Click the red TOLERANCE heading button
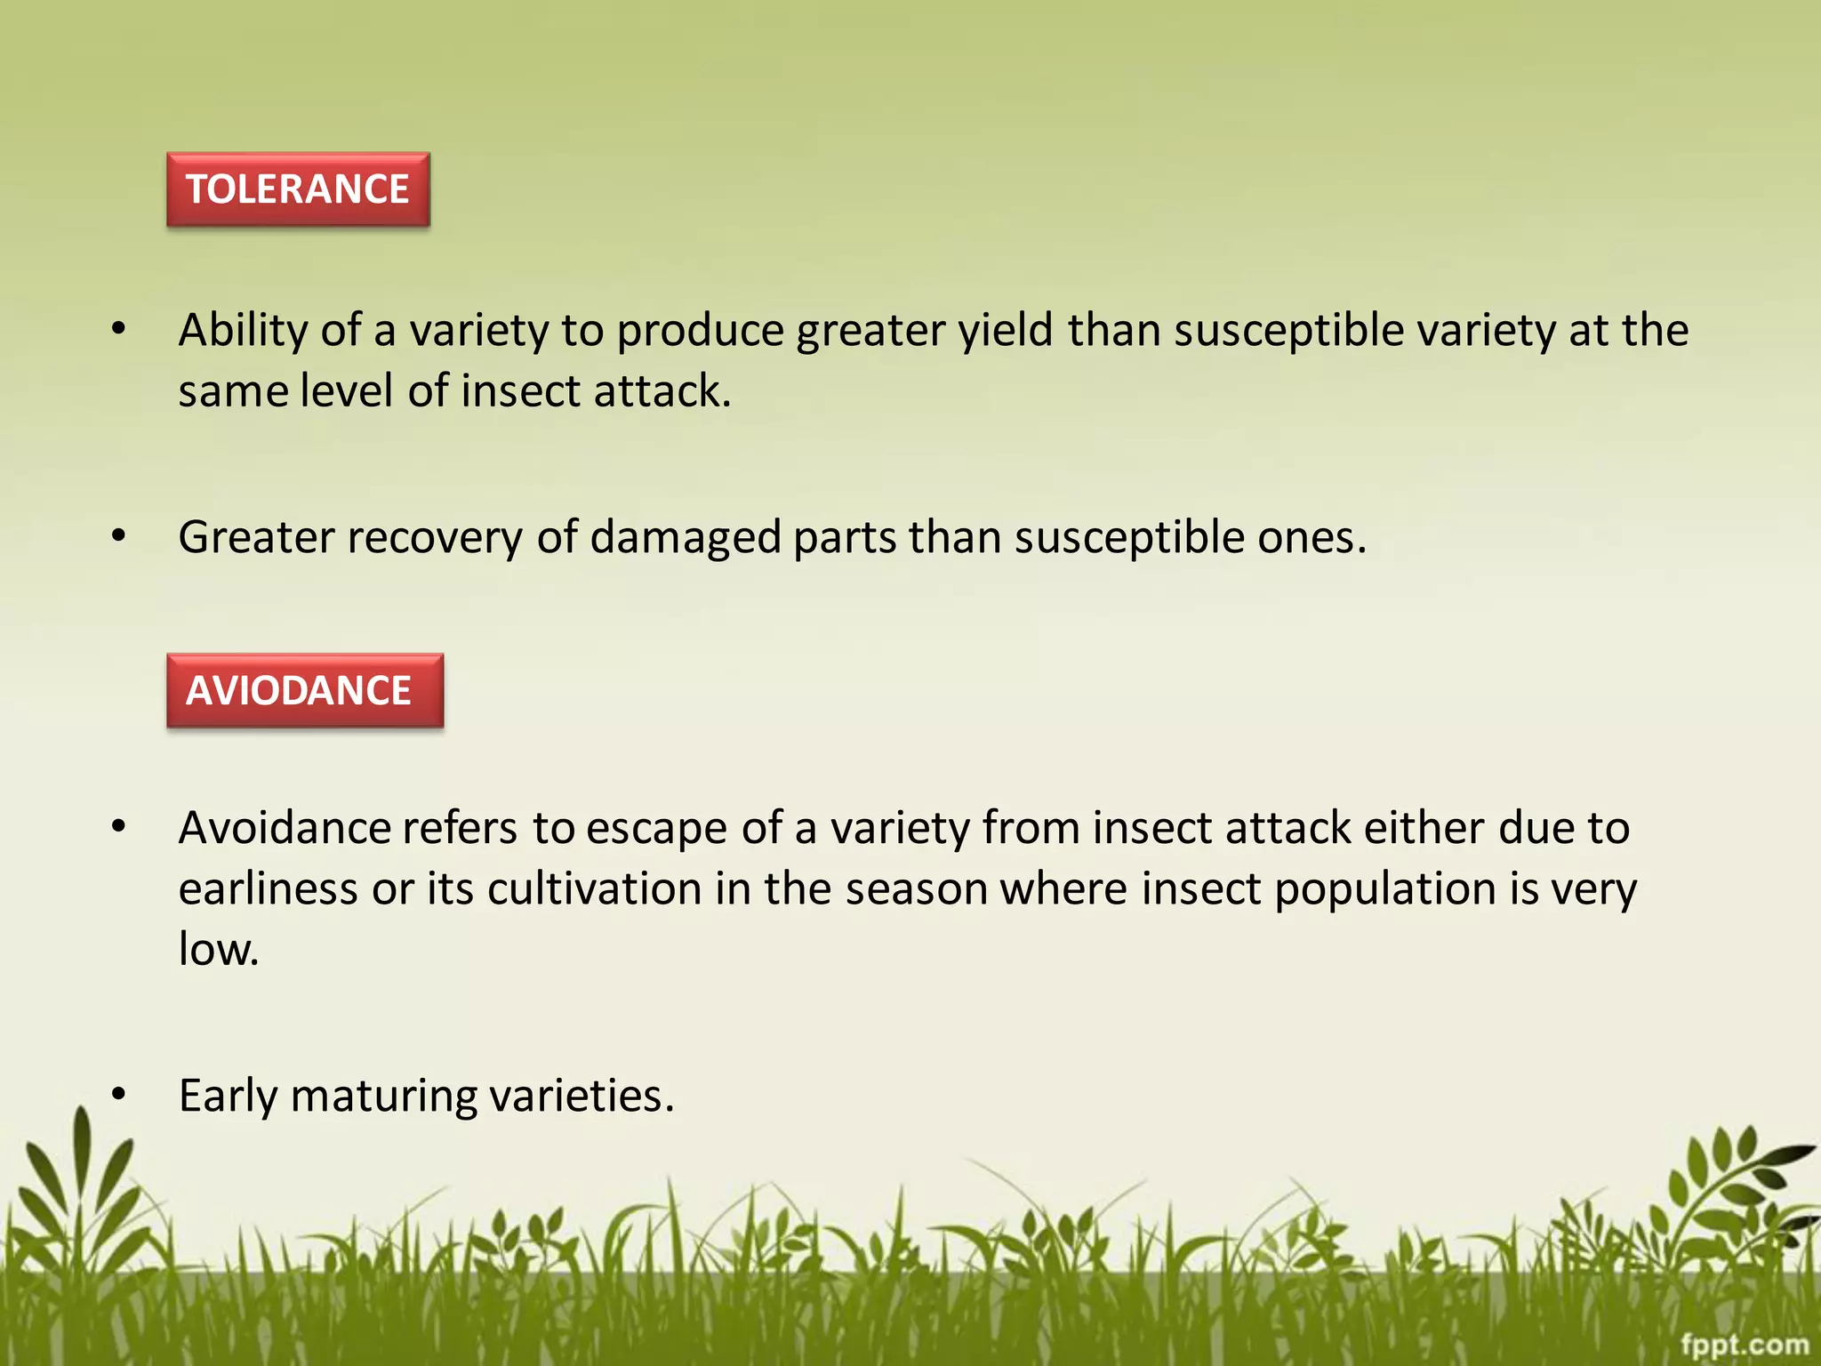tap(298, 189)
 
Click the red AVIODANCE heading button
tap(304, 691)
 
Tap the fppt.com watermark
tap(1744, 1344)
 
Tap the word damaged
tap(685, 538)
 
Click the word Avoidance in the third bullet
tap(285, 828)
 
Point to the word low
tap(217, 949)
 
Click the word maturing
tap(384, 1096)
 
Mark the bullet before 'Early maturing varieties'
tap(119, 1096)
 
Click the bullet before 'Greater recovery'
tap(119, 537)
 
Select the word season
tap(916, 888)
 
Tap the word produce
tap(700, 331)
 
